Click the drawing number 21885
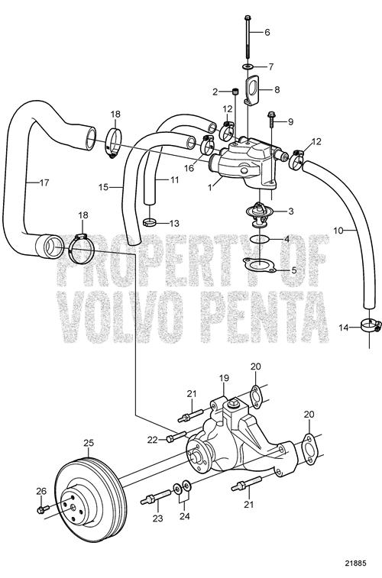pos(356,563)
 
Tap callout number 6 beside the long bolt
pos(267,32)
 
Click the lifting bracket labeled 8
pos(252,90)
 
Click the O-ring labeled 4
pos(260,239)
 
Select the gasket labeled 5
pos(260,265)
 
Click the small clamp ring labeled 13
pos(149,222)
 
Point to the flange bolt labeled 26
pos(43,509)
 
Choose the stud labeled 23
pos(155,497)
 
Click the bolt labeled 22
pos(176,438)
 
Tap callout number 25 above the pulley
pos(89,443)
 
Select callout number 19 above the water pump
pos(224,378)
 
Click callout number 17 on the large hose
pos(44,182)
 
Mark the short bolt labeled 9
pos(271,119)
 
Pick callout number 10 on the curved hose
pos(338,231)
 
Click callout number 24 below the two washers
pos(184,515)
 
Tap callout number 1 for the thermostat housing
pos(210,187)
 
